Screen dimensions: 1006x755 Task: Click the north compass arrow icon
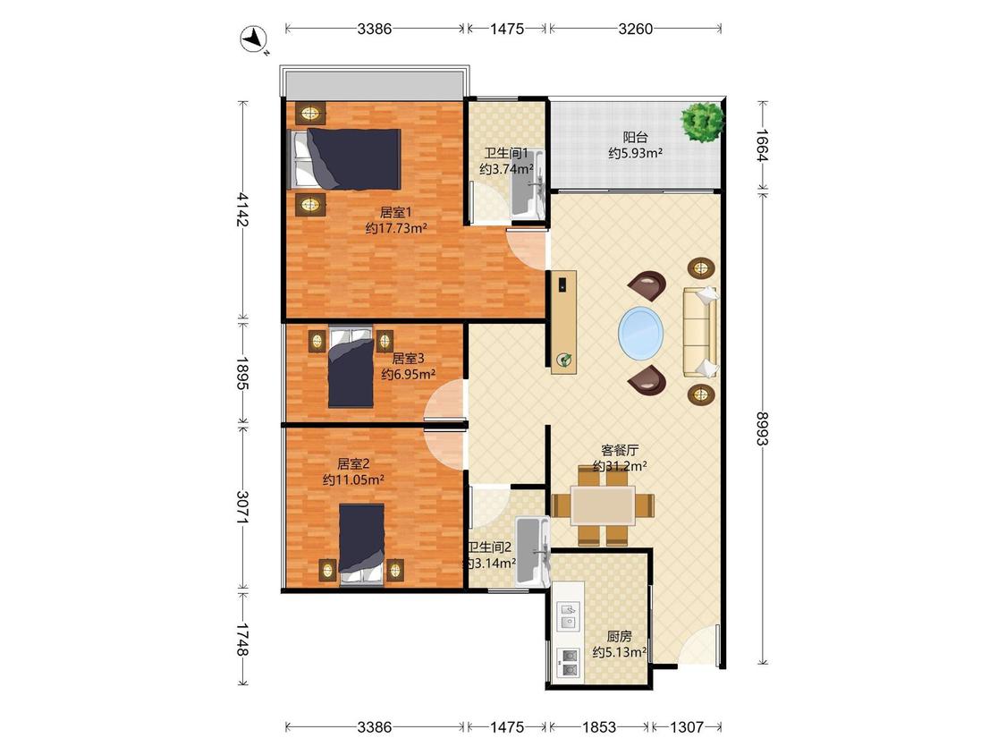pyautogui.click(x=253, y=39)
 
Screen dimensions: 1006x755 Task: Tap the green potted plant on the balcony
pyautogui.click(x=703, y=122)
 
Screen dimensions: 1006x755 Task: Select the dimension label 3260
pyautogui.click(x=635, y=29)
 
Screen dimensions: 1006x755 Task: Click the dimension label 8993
pyautogui.click(x=762, y=428)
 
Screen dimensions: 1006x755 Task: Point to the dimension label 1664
pyautogui.click(x=762, y=145)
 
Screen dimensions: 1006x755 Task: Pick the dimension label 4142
pyautogui.click(x=242, y=209)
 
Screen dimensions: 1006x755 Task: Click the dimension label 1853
pyautogui.click(x=598, y=726)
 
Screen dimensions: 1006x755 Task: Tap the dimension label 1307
pyautogui.click(x=687, y=726)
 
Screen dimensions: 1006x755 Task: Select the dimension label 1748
pyautogui.click(x=242, y=640)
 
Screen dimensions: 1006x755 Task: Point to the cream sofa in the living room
pyautogui.click(x=700, y=332)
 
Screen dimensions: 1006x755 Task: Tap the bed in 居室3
pyautogui.click(x=351, y=368)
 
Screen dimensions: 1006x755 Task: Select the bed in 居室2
pyautogui.click(x=362, y=545)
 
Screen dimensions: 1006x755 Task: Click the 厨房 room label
pyautogui.click(x=619, y=636)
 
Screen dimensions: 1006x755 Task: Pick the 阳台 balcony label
pyautogui.click(x=635, y=137)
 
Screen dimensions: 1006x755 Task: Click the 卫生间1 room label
pyautogui.click(x=506, y=154)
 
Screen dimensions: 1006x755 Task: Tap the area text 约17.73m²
pyautogui.click(x=396, y=228)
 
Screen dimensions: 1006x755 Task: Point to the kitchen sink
pyautogui.click(x=569, y=615)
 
